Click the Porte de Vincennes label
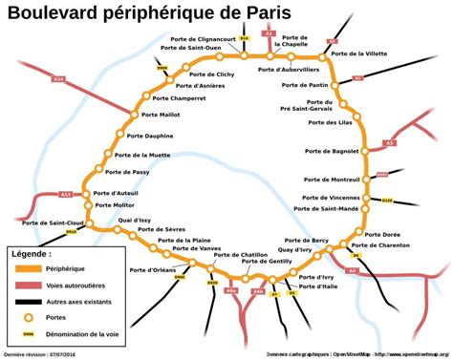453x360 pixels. (330, 197)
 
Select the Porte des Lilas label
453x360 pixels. (333, 122)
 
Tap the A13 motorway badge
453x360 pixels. (66, 194)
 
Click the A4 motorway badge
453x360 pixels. (352, 271)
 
